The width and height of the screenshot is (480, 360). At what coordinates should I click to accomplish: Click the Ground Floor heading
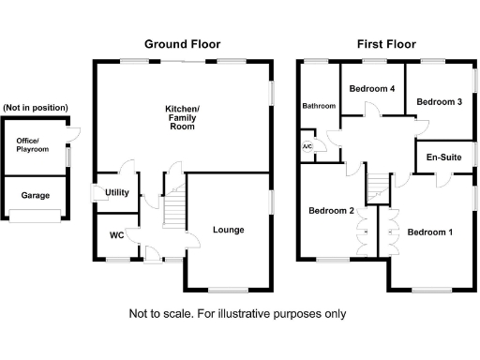183,44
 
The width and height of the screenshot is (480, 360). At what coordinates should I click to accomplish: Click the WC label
117,235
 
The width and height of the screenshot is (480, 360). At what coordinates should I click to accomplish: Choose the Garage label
35,195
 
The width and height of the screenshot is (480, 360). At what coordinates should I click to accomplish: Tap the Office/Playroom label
32,145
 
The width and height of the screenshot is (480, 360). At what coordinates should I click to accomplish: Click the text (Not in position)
35,108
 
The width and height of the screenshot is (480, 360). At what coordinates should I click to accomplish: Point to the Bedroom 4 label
371,88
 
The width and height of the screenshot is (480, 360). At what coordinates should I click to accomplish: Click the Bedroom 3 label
440,101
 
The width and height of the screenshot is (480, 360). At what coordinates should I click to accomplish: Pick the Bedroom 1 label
430,232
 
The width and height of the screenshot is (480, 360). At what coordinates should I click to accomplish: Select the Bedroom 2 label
331,212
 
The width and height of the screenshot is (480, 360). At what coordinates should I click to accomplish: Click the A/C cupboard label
307,148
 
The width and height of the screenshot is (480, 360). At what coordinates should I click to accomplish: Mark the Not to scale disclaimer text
236,314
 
